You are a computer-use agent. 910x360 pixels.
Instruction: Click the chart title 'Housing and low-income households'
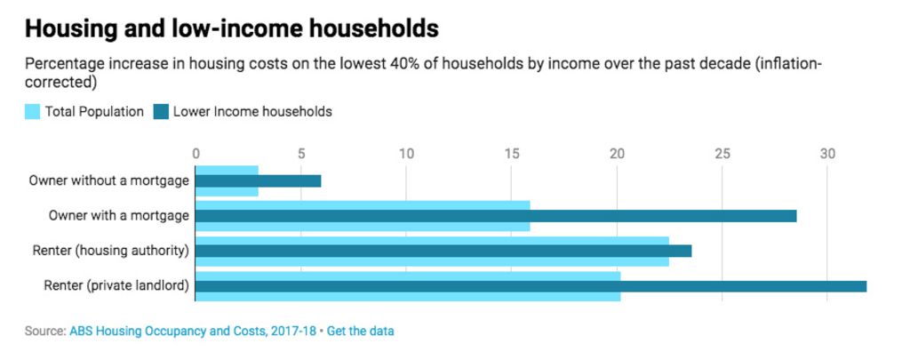[x=232, y=28]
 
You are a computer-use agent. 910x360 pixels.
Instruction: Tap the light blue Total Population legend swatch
[x=32, y=112]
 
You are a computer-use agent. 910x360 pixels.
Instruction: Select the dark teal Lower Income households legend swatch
[x=161, y=112]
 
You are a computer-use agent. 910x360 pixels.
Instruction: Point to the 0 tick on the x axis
[x=196, y=153]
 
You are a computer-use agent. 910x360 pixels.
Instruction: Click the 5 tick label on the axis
[x=301, y=153]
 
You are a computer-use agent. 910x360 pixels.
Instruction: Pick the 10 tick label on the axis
[x=406, y=153]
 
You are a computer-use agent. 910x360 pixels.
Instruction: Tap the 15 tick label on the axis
[x=512, y=153]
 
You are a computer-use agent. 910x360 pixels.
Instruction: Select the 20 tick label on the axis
[x=617, y=153]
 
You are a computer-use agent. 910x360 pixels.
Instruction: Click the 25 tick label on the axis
[x=722, y=153]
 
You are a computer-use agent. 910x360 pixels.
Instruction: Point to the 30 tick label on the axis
[x=827, y=153]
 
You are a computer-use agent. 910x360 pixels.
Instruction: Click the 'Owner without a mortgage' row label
[x=108, y=180]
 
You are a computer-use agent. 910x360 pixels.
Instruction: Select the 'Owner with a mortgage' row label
[x=118, y=215]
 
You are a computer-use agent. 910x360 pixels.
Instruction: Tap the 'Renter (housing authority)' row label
[x=110, y=251]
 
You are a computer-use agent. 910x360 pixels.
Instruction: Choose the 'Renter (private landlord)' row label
[x=116, y=285]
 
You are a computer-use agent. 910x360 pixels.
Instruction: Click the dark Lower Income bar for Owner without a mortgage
[x=258, y=180]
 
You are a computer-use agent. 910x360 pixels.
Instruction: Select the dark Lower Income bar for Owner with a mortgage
[x=495, y=215]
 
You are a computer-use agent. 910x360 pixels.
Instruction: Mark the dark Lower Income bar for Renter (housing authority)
[x=443, y=251]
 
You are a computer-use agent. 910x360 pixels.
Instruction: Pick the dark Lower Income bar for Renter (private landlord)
[x=530, y=285]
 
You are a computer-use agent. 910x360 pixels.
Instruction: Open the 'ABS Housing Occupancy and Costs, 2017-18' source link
[x=192, y=331]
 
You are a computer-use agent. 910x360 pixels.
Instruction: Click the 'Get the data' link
[x=361, y=331]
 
